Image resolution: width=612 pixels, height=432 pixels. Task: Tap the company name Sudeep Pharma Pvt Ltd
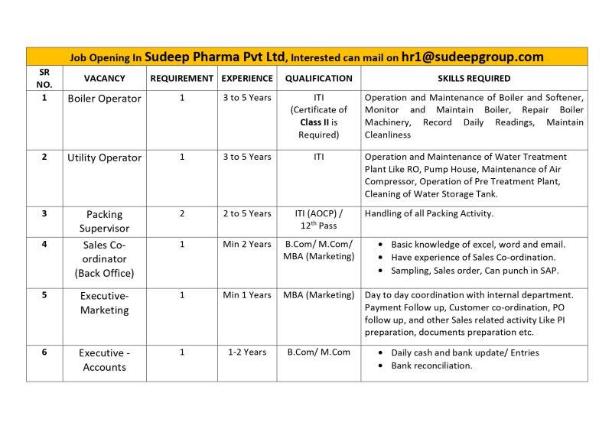[227, 57]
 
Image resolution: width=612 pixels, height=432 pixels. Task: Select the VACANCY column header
[105, 79]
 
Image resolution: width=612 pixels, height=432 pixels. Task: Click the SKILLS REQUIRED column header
[474, 79]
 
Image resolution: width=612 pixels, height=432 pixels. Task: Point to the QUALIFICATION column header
[318, 79]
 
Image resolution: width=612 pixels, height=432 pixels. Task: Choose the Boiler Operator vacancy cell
[105, 99]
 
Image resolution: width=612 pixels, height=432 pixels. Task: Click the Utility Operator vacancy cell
[105, 158]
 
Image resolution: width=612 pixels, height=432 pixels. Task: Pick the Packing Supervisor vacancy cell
[105, 221]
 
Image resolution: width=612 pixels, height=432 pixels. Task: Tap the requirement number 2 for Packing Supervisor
[181, 214]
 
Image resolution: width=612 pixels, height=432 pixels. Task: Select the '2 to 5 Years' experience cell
[246, 214]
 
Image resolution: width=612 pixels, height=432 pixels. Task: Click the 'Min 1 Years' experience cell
[246, 294]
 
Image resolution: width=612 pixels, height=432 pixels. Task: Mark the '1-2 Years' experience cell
[246, 352]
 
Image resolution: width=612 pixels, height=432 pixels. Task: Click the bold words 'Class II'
[315, 122]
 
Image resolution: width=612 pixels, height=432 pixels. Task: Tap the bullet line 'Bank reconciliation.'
[431, 366]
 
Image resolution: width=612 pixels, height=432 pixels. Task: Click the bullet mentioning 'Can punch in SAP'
[474, 271]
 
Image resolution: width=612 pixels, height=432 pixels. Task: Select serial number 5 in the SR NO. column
[44, 294]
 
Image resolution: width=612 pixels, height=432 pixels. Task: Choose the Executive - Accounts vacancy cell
[105, 359]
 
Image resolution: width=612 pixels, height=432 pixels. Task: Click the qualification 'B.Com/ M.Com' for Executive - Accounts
[318, 352]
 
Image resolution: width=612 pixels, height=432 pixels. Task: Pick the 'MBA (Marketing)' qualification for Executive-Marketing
[318, 294]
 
